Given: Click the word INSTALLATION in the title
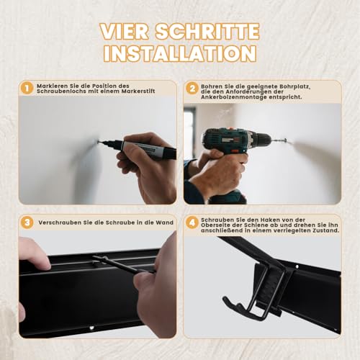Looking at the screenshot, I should click(179, 53).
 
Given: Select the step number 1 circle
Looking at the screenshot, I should click(27, 88).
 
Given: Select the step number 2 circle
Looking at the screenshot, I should click(192, 88).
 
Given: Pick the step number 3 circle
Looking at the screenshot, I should click(27, 223).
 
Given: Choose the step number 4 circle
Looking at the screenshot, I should click(192, 223).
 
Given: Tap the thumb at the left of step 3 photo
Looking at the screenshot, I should click(33, 253).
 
